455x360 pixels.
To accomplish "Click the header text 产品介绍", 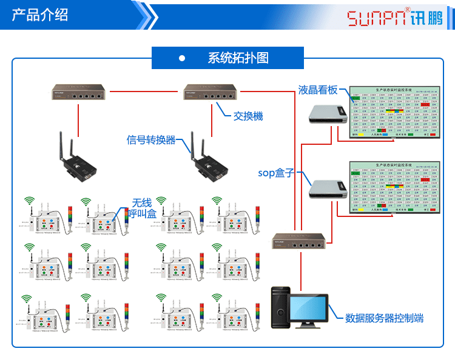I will [x=40, y=15].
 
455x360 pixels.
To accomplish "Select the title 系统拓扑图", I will [x=238, y=58].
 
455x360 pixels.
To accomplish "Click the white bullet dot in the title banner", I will [x=181, y=58].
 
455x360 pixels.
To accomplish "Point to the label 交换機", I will [x=248, y=116].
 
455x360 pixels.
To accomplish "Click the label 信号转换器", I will [x=151, y=140].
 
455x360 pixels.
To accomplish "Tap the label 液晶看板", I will [x=317, y=90].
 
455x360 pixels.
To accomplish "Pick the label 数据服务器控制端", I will [x=384, y=318].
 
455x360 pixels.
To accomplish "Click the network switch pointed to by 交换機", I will [x=211, y=93].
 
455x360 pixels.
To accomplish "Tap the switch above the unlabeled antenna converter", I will [x=78, y=93].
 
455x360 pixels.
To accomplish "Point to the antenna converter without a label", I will [x=75, y=159].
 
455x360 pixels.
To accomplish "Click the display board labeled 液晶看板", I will [x=394, y=114].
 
